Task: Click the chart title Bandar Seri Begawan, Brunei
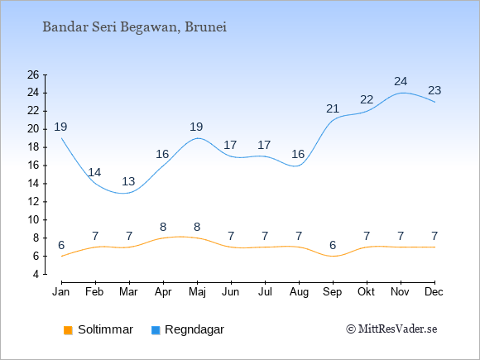(x=134, y=27)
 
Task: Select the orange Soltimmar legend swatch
(x=68, y=330)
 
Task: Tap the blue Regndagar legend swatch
(x=156, y=330)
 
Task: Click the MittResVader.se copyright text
(x=391, y=329)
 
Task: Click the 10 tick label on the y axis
(x=33, y=220)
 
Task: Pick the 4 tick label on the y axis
(x=36, y=274)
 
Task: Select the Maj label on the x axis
(x=197, y=292)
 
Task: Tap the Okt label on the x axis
(x=366, y=292)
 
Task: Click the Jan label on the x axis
(x=61, y=292)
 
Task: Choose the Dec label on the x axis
(x=434, y=292)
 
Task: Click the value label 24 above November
(x=401, y=81)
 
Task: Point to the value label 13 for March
(x=128, y=181)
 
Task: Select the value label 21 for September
(x=333, y=108)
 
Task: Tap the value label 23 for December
(x=434, y=90)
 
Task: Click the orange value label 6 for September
(x=333, y=245)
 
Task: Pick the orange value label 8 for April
(x=163, y=227)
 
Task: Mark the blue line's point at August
(x=299, y=166)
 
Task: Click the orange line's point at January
(x=61, y=256)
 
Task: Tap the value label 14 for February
(x=94, y=173)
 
